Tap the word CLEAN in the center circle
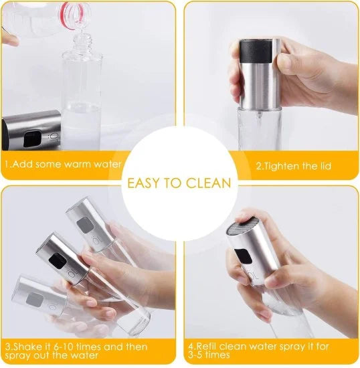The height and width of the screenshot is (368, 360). [x=208, y=183]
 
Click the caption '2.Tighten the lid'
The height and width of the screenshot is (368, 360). [x=294, y=165]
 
